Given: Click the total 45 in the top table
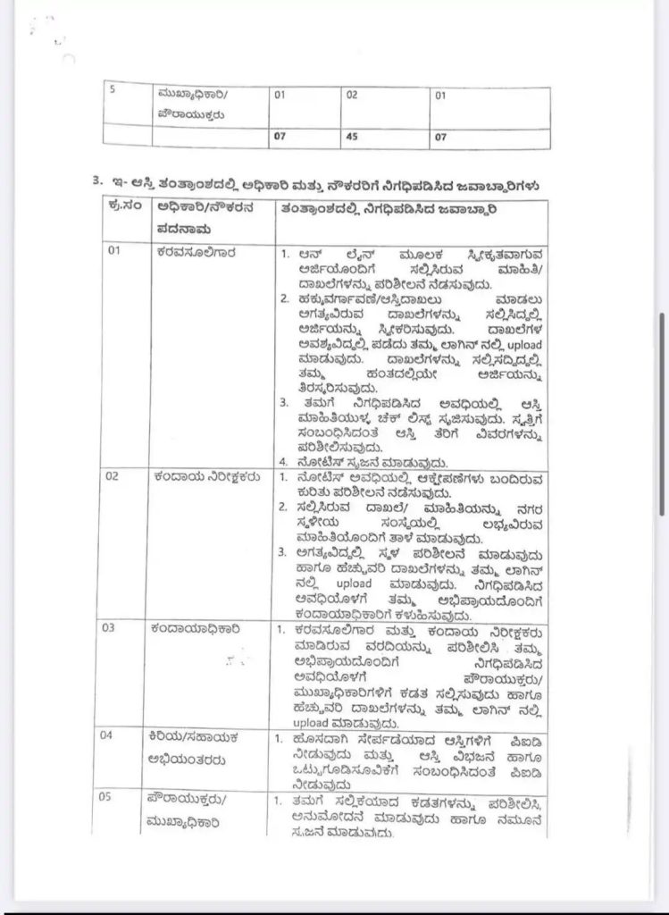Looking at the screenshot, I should tap(352, 137).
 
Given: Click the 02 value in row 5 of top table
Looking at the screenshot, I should tap(352, 94).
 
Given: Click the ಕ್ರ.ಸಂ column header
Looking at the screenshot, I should tap(121, 209).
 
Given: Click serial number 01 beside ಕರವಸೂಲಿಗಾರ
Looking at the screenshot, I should tap(114, 251).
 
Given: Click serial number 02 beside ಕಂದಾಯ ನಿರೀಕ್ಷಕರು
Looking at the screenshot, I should tap(113, 476).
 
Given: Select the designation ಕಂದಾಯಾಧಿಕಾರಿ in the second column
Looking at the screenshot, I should tap(197, 628).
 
